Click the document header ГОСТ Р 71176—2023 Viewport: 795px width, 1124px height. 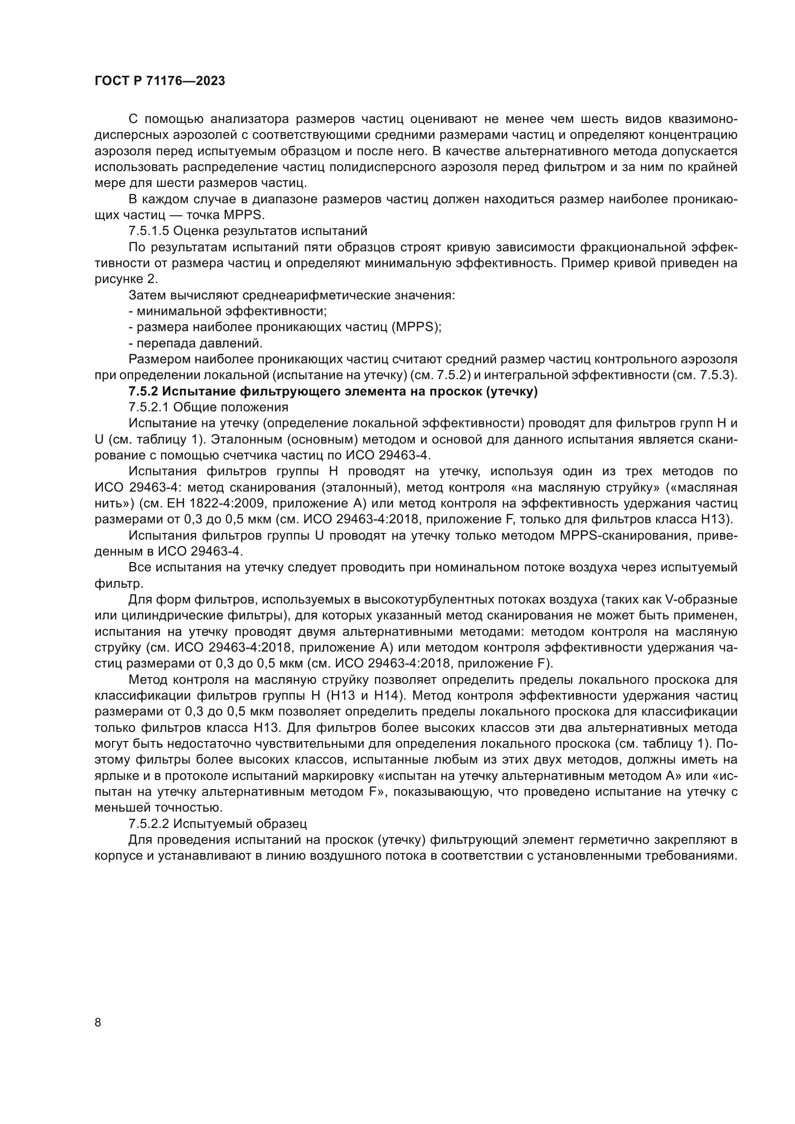click(160, 81)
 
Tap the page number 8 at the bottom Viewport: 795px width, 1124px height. click(98, 1023)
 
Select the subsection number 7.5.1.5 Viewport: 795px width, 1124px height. click(149, 231)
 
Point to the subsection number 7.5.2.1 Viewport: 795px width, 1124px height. click(149, 408)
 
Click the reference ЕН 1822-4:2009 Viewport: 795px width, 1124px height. click(210, 504)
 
